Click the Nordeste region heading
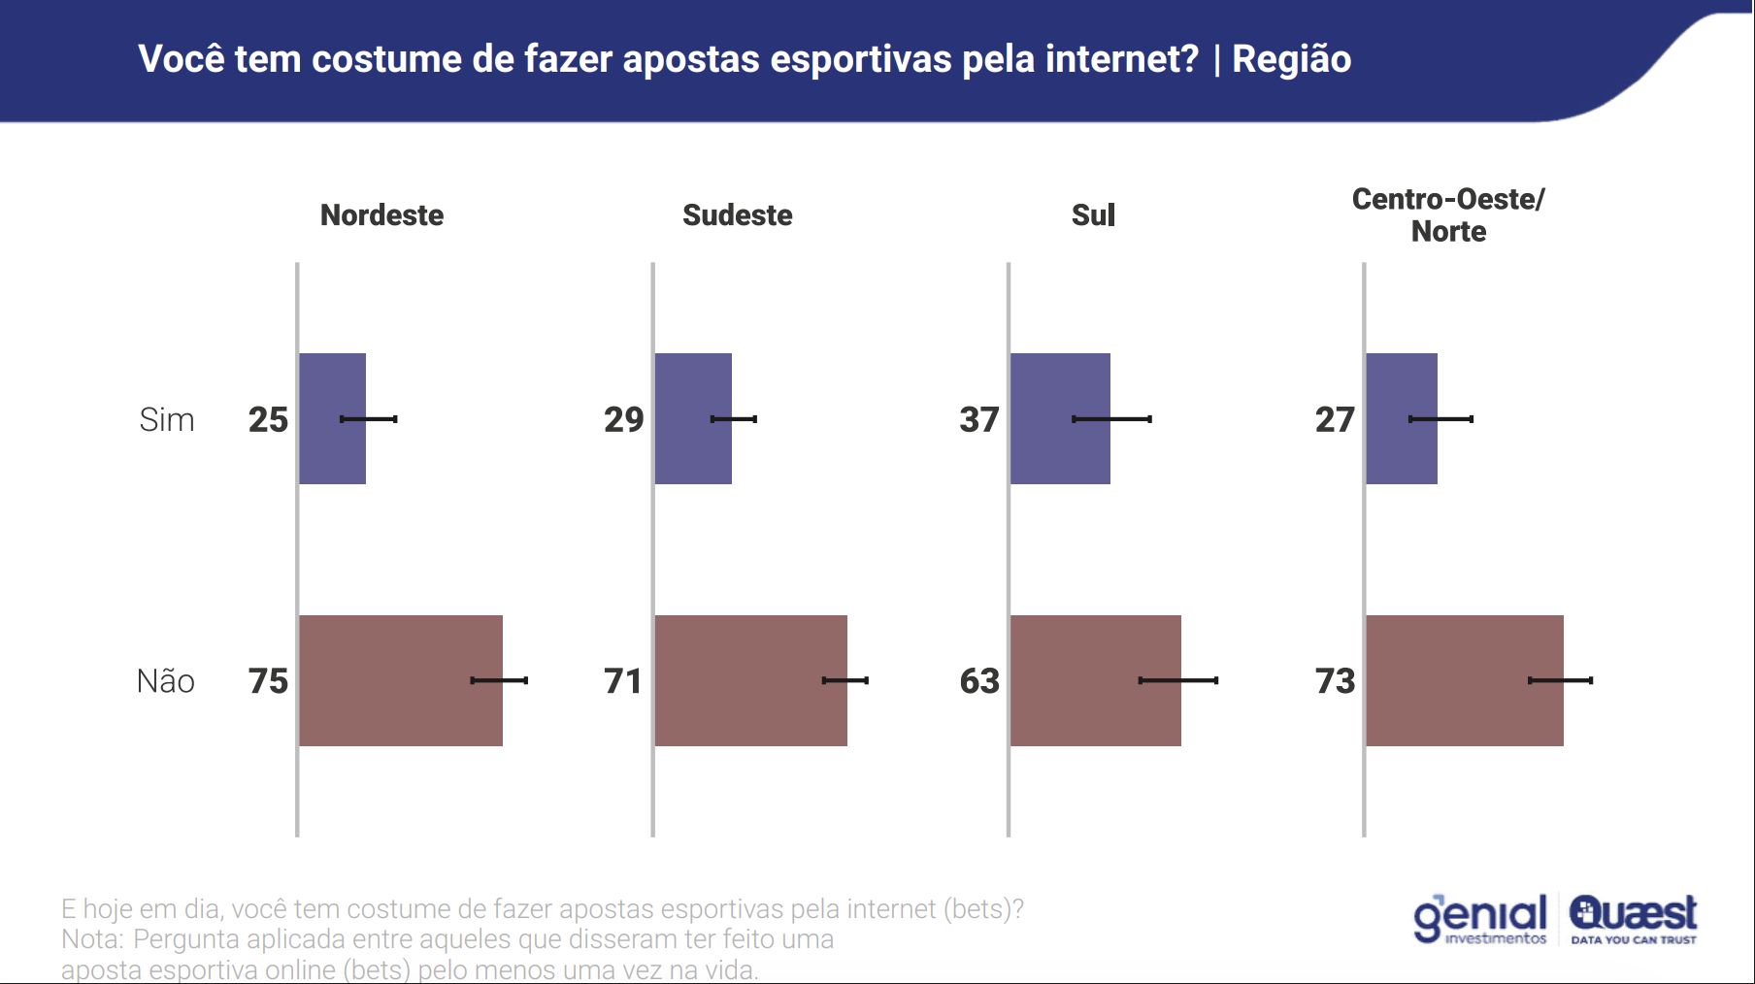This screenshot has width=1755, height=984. (x=381, y=214)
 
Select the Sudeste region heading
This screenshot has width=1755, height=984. (x=737, y=214)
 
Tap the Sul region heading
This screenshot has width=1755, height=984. (x=1093, y=214)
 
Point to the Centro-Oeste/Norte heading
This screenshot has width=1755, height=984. (x=1448, y=214)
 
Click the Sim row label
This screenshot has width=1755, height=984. (x=166, y=419)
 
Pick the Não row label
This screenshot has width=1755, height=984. (x=165, y=681)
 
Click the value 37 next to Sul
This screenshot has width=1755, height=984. (x=978, y=419)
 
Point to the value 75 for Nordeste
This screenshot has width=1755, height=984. (x=268, y=681)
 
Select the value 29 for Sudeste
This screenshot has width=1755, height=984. (x=623, y=419)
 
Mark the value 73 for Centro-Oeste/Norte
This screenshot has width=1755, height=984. (x=1335, y=681)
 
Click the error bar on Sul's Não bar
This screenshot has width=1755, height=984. (x=1178, y=680)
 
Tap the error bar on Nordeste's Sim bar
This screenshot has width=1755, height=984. (x=368, y=419)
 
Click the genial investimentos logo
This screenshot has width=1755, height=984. (x=1479, y=919)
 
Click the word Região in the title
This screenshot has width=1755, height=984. (x=1291, y=59)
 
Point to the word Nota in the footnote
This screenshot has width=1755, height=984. (x=91, y=939)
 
